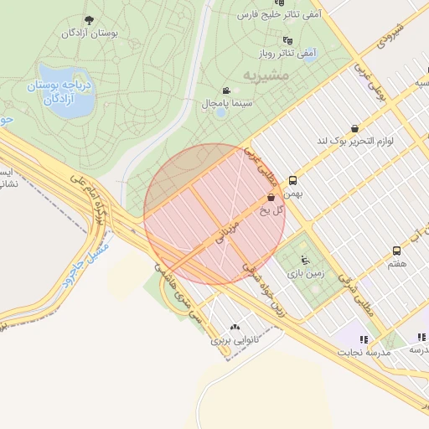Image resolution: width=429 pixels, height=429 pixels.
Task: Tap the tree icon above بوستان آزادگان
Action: (90, 20)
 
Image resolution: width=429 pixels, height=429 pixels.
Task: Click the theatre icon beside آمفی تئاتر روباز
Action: (288, 40)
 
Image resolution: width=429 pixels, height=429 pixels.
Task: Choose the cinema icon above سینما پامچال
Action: (225, 90)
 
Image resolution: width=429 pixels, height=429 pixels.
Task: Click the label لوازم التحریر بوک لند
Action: (355, 141)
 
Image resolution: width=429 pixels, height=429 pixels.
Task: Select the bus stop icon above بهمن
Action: (292, 180)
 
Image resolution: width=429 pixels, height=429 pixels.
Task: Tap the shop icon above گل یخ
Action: (271, 197)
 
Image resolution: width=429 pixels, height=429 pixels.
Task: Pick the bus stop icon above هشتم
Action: (396, 251)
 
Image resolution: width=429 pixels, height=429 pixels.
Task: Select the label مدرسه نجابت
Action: (364, 352)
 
